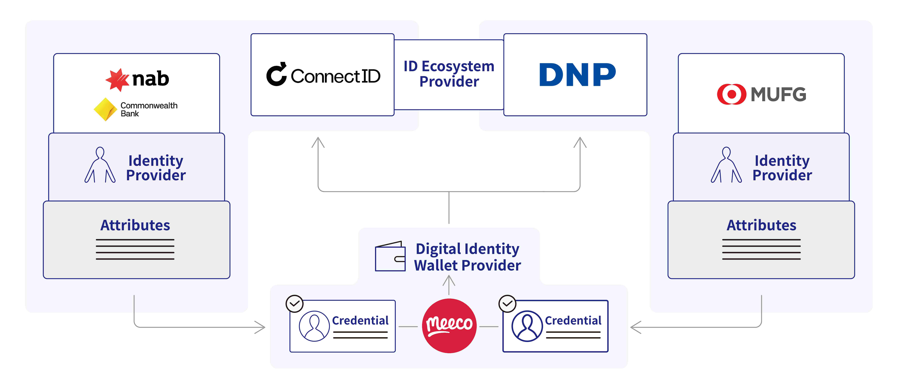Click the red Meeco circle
coord(449,326)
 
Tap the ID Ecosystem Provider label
coord(449,74)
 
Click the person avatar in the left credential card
coord(314,326)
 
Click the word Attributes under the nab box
coord(135,225)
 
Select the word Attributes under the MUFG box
coord(761,225)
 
